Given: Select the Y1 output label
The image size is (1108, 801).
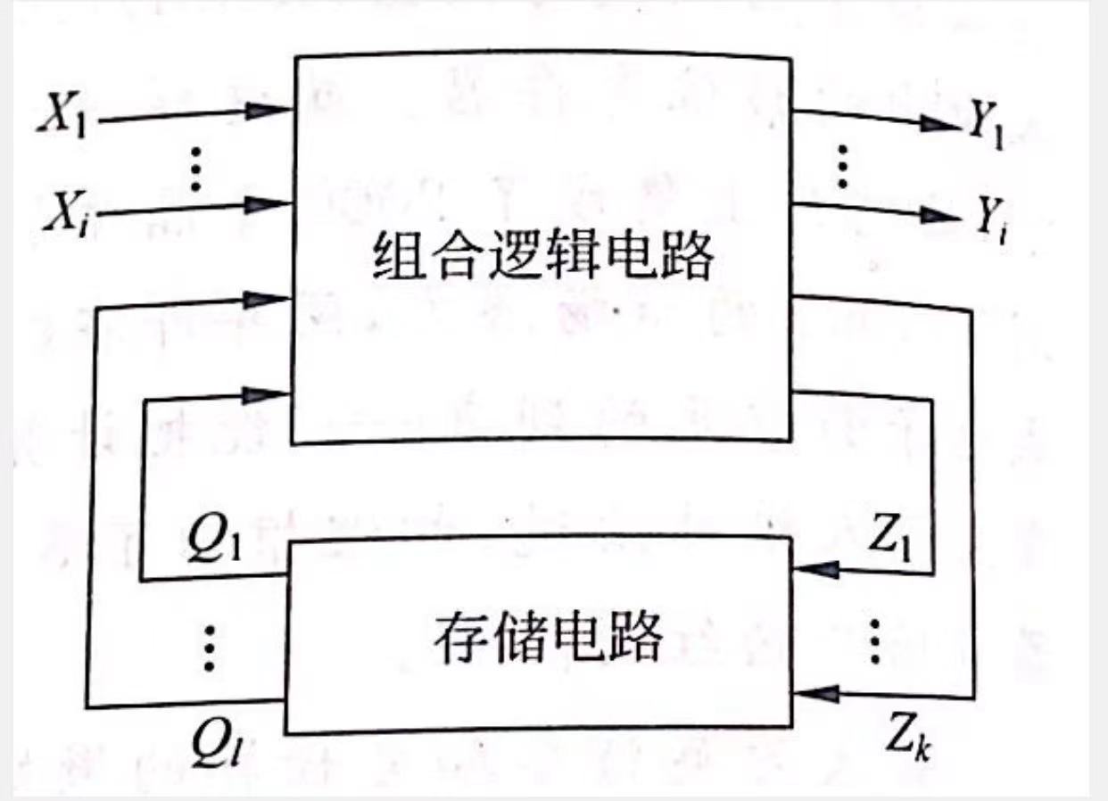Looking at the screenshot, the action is pyautogui.click(x=986, y=131).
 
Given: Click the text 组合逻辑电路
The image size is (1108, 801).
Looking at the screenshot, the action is pyautogui.click(x=543, y=260).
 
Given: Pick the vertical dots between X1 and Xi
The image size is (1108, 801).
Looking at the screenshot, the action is pyautogui.click(x=198, y=167).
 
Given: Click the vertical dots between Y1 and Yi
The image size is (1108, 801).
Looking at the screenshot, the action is pyautogui.click(x=839, y=165).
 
